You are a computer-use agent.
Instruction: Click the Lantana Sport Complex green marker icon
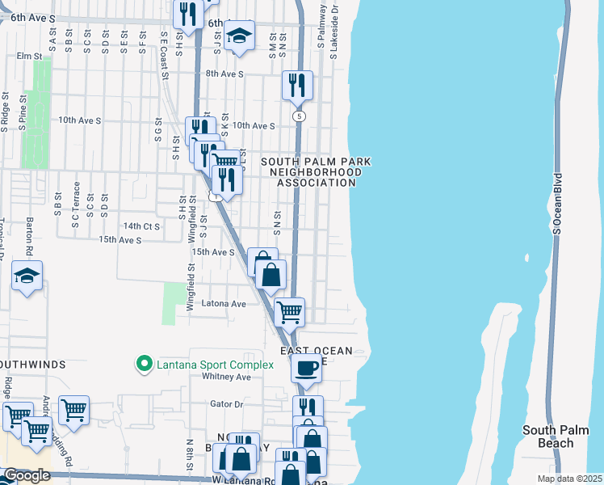point(145,365)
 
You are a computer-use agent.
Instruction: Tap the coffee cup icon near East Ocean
point(306,369)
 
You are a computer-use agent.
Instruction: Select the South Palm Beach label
point(547,436)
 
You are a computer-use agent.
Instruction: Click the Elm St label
point(29,57)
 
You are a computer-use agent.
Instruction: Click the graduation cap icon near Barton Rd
point(27,276)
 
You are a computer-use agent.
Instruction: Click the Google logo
point(27,475)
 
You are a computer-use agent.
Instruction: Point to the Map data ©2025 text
point(569,479)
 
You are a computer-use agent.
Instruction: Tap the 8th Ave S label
point(224,74)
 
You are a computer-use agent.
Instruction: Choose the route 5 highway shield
point(300,117)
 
